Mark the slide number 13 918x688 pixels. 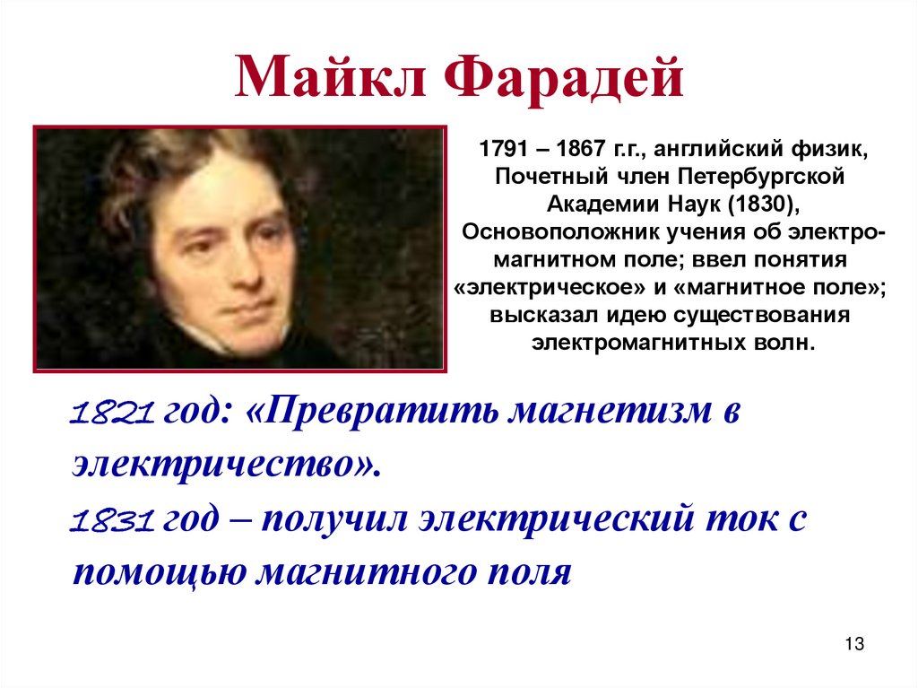(853, 645)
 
